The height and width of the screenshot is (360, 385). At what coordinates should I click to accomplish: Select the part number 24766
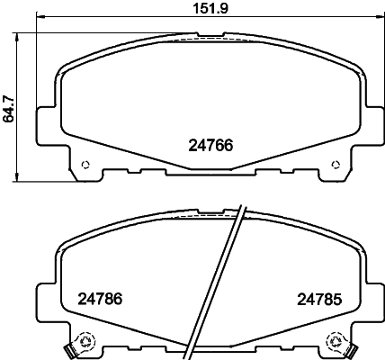pyautogui.click(x=211, y=143)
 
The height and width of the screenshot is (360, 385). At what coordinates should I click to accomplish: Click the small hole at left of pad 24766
pyautogui.click(x=85, y=164)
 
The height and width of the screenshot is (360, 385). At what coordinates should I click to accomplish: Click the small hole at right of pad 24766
pyautogui.click(x=336, y=164)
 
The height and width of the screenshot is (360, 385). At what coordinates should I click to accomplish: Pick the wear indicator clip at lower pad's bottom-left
pyautogui.click(x=69, y=348)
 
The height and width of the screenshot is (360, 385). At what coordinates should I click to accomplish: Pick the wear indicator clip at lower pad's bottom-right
pyautogui.click(x=352, y=348)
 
